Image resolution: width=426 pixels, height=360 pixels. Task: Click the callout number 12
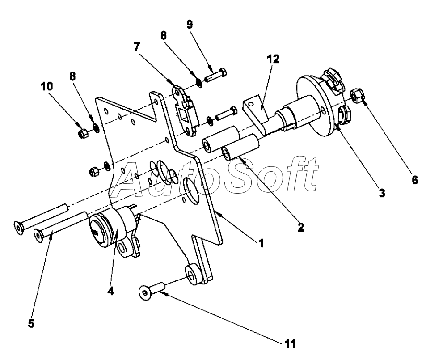tap(274, 59)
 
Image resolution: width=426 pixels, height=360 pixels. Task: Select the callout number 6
tap(414, 180)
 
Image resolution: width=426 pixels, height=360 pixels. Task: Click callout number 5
tap(31, 323)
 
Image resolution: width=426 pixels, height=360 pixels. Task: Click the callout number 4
tap(110, 291)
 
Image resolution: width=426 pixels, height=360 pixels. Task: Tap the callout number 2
tap(301, 227)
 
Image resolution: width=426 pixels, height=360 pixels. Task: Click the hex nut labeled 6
tap(358, 95)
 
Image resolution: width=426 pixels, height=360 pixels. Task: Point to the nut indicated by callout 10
tap(82, 133)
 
